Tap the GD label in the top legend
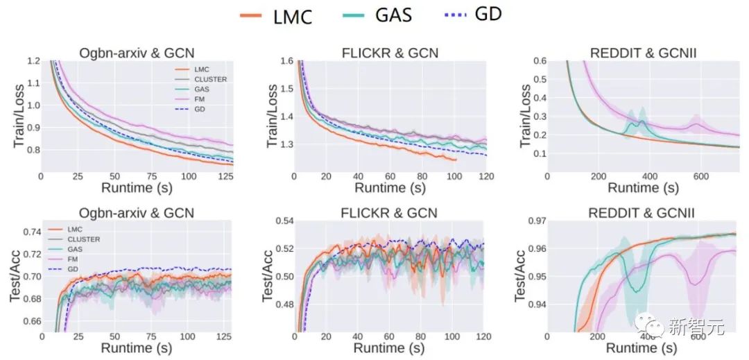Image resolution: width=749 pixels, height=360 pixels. pos(488,15)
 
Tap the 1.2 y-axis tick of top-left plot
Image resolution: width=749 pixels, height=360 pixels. pos(33,62)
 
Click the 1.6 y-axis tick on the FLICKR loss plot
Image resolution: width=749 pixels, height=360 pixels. pos(286,62)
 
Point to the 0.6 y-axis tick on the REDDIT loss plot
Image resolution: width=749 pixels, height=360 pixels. pos(537,62)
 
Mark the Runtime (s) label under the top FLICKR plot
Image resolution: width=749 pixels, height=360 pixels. pos(390,187)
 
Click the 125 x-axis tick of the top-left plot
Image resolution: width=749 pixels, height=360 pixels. pos(225,177)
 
